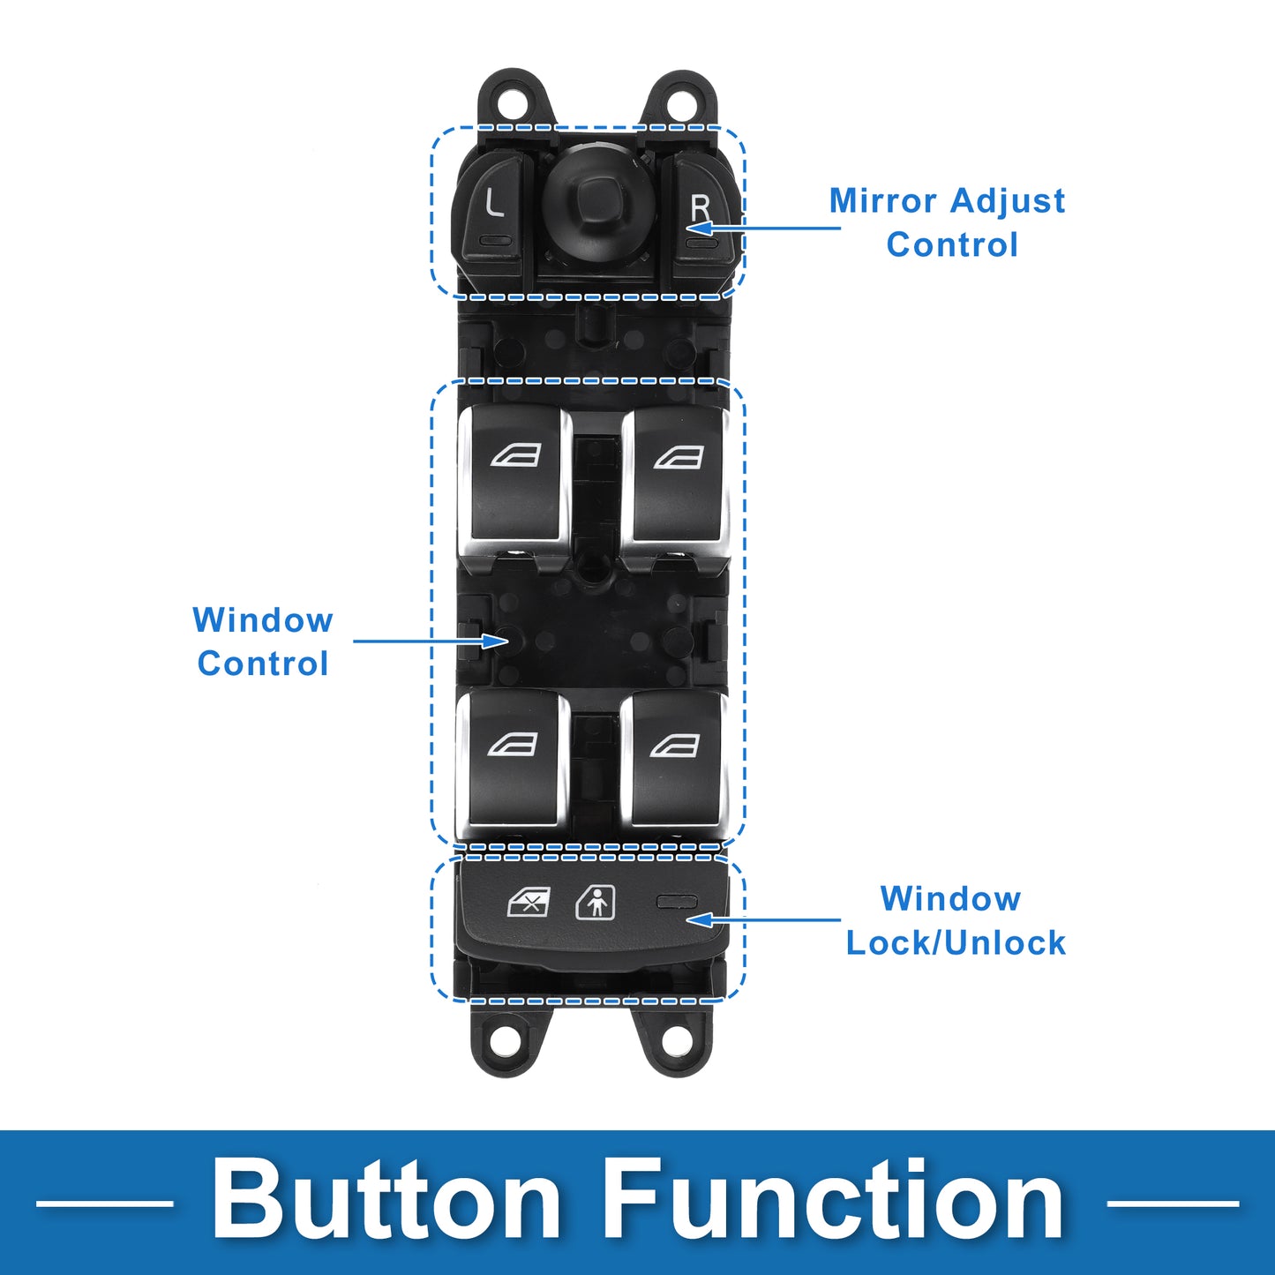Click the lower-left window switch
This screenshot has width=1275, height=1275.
pyautogui.click(x=513, y=759)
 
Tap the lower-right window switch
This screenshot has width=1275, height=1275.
pyautogui.click(x=674, y=759)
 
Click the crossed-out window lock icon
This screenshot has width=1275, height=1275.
pyautogui.click(x=529, y=903)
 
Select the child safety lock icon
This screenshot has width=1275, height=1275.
pyautogui.click(x=596, y=903)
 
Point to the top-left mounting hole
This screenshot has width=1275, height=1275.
pyautogui.click(x=510, y=101)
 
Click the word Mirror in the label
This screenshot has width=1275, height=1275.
pyautogui.click(x=883, y=201)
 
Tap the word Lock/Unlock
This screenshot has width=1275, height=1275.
pyautogui.click(x=956, y=942)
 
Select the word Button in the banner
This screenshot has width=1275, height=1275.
pyautogui.click(x=386, y=1202)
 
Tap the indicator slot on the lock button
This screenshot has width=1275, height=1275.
pyautogui.click(x=677, y=901)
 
